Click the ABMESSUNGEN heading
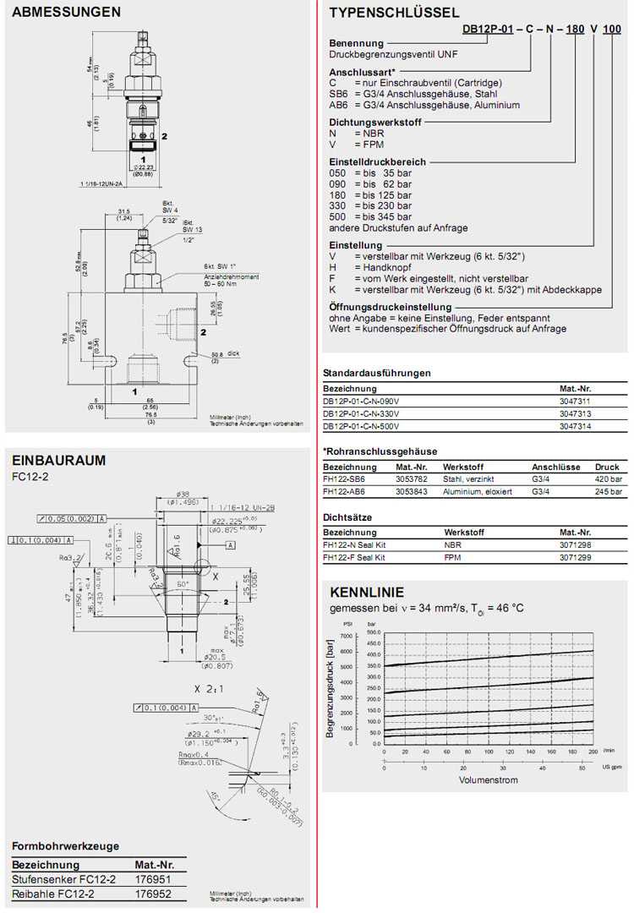(66, 12)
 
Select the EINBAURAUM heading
(58, 460)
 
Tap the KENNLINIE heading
(366, 592)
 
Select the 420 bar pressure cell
(607, 478)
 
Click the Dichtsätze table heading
(347, 516)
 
